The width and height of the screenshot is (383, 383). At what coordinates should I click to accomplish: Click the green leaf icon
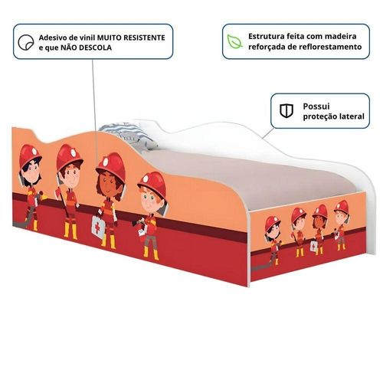pyautogui.click(x=235, y=41)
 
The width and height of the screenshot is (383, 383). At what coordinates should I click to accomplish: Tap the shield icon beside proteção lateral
pyautogui.click(x=286, y=110)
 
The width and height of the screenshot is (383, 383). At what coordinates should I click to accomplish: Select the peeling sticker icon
pyautogui.click(x=26, y=42)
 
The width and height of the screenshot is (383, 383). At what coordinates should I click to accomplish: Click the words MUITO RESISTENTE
pyautogui.click(x=131, y=38)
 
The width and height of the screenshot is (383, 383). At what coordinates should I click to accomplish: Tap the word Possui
pyautogui.click(x=316, y=106)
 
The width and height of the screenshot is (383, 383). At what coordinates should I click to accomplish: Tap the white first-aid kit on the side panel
pyautogui.click(x=98, y=227)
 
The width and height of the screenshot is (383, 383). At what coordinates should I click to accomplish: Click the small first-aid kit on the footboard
pyautogui.click(x=314, y=247)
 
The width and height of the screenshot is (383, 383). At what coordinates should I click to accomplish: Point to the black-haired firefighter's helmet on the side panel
pyautogui.click(x=29, y=155)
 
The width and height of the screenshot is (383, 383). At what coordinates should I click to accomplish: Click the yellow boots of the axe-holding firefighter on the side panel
pyautogui.click(x=70, y=231)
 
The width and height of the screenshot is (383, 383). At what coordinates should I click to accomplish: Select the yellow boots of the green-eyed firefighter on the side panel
pyautogui.click(x=151, y=252)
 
